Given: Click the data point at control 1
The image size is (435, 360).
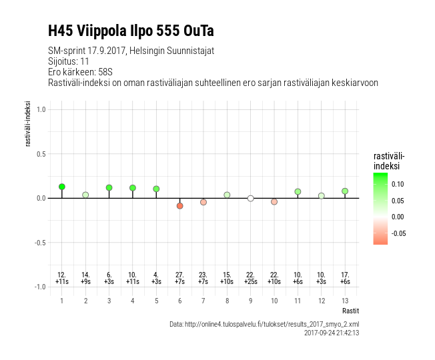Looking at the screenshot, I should point(62,187).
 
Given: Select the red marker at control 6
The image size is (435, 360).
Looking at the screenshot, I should point(180,206).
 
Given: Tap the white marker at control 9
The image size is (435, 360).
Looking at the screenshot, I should point(250,198).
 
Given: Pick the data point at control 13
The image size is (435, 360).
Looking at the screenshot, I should point(345,191).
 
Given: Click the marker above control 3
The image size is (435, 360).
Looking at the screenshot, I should point(109,188).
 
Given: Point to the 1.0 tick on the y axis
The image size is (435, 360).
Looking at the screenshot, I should point(41,109).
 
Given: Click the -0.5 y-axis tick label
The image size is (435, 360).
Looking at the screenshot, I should point(40,243).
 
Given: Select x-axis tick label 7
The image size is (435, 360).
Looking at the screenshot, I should point(203,301).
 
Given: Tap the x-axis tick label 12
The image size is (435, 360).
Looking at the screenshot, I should point(321,301).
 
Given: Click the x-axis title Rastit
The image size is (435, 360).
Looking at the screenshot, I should point(350,311).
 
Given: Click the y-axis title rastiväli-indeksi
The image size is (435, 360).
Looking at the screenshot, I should point(29,124).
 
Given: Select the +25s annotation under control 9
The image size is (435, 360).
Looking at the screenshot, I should point(250,282).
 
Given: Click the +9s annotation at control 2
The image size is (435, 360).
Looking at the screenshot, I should point(85,282).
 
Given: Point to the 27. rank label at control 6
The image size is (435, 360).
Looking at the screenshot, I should point(180,275).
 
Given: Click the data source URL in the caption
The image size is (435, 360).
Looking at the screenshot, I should point(264,324).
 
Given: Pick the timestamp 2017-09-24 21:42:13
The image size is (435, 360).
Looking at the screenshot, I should point(332,333).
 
